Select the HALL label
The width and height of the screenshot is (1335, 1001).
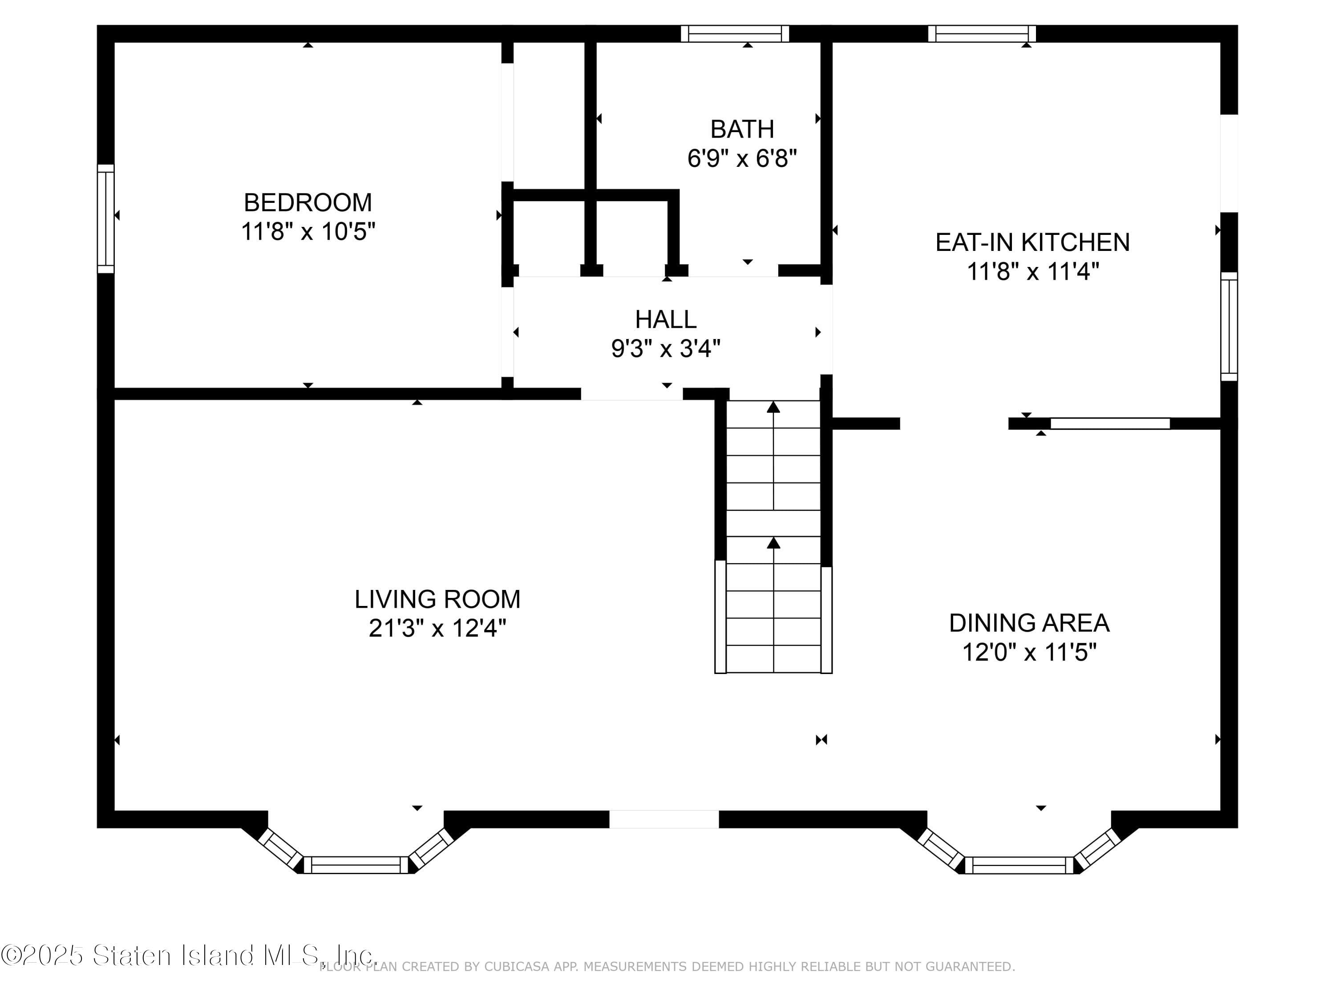coord(666,319)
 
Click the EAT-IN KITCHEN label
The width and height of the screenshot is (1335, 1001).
coord(1032,242)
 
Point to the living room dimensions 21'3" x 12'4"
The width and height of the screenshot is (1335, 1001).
coord(437,629)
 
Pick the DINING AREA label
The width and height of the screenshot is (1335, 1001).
coord(1029,623)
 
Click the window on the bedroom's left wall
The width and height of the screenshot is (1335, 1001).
coord(105,218)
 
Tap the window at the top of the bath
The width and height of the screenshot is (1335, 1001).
coord(735,34)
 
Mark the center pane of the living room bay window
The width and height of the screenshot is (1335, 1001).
coord(356,864)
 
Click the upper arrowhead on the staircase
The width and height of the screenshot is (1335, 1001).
coord(773,407)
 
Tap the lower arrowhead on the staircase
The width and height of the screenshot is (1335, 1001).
coord(773,543)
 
